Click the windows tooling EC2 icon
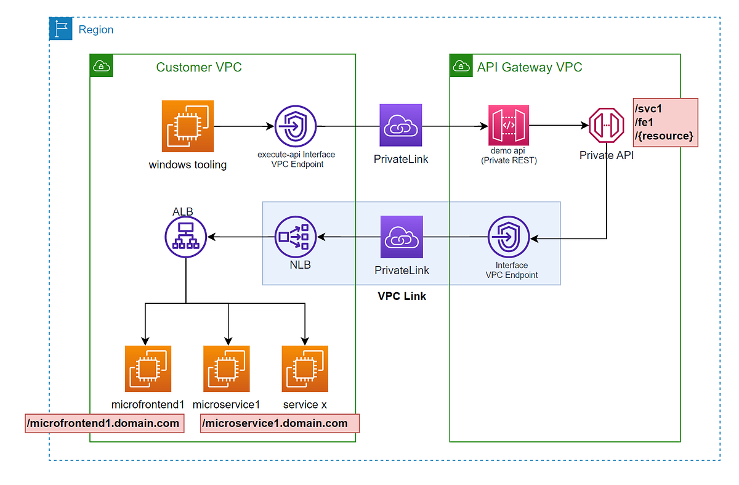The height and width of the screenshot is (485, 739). point(188,126)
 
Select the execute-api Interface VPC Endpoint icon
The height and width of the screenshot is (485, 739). point(295,126)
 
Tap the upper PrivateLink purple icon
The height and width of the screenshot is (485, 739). point(401,126)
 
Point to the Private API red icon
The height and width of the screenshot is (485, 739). point(607,126)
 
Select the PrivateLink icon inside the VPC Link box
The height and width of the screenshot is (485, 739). point(402,237)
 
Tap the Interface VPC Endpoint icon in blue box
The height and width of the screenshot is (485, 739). point(509,237)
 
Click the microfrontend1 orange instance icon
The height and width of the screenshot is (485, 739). point(148,369)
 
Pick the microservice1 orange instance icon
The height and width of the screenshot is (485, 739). point(227,369)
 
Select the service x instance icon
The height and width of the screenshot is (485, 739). point(305,369)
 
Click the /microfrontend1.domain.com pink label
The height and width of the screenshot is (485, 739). point(104,423)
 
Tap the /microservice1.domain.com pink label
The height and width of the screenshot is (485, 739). point(279,423)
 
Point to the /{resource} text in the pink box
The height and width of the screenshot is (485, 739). point(664,135)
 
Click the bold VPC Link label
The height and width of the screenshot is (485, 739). point(402,296)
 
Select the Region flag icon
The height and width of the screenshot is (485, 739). point(60,29)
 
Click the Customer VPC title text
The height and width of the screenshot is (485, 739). point(199,67)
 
